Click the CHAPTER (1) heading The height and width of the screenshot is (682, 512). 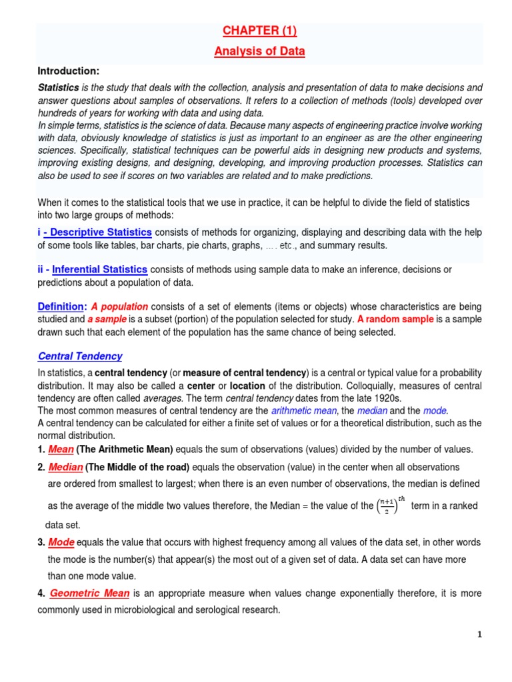259,31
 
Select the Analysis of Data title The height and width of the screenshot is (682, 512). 259,51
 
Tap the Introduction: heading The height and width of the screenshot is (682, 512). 68,71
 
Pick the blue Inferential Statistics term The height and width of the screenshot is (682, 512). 99,269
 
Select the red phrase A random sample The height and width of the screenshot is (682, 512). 395,319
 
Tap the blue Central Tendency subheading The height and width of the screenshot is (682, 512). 79,356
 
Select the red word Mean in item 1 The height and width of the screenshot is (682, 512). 61,449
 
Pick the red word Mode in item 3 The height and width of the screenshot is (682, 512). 60,542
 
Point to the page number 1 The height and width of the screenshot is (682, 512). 479,635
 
